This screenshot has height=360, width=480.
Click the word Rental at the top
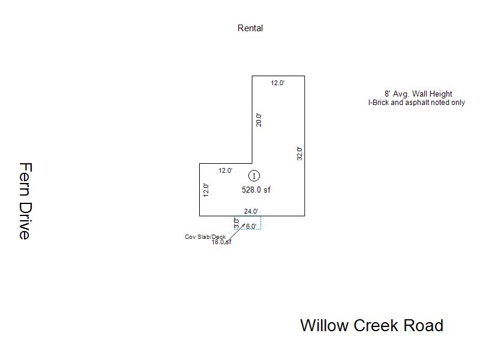[x=250, y=28]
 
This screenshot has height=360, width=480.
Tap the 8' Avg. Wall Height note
[x=418, y=94]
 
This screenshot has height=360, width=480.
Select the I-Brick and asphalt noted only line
[x=416, y=103]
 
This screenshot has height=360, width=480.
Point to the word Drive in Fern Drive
[x=25, y=220]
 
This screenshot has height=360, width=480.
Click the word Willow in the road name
[x=324, y=326]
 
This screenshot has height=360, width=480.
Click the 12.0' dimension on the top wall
[x=277, y=83]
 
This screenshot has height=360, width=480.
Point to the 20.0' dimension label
[x=259, y=119]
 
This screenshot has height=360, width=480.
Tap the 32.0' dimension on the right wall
[x=299, y=153]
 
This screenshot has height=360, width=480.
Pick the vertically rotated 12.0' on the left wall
[x=206, y=190]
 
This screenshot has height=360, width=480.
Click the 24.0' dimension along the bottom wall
[x=251, y=211]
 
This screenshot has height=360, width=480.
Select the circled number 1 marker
[x=254, y=176]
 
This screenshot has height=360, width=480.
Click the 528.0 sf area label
[x=256, y=190]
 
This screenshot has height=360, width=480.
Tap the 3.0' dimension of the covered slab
[x=236, y=222]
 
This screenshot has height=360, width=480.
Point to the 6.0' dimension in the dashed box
[x=251, y=226]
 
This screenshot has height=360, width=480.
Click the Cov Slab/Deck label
[x=205, y=237]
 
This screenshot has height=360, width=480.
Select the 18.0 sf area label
[x=221, y=242]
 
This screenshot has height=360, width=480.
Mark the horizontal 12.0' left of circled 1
[x=225, y=170]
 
